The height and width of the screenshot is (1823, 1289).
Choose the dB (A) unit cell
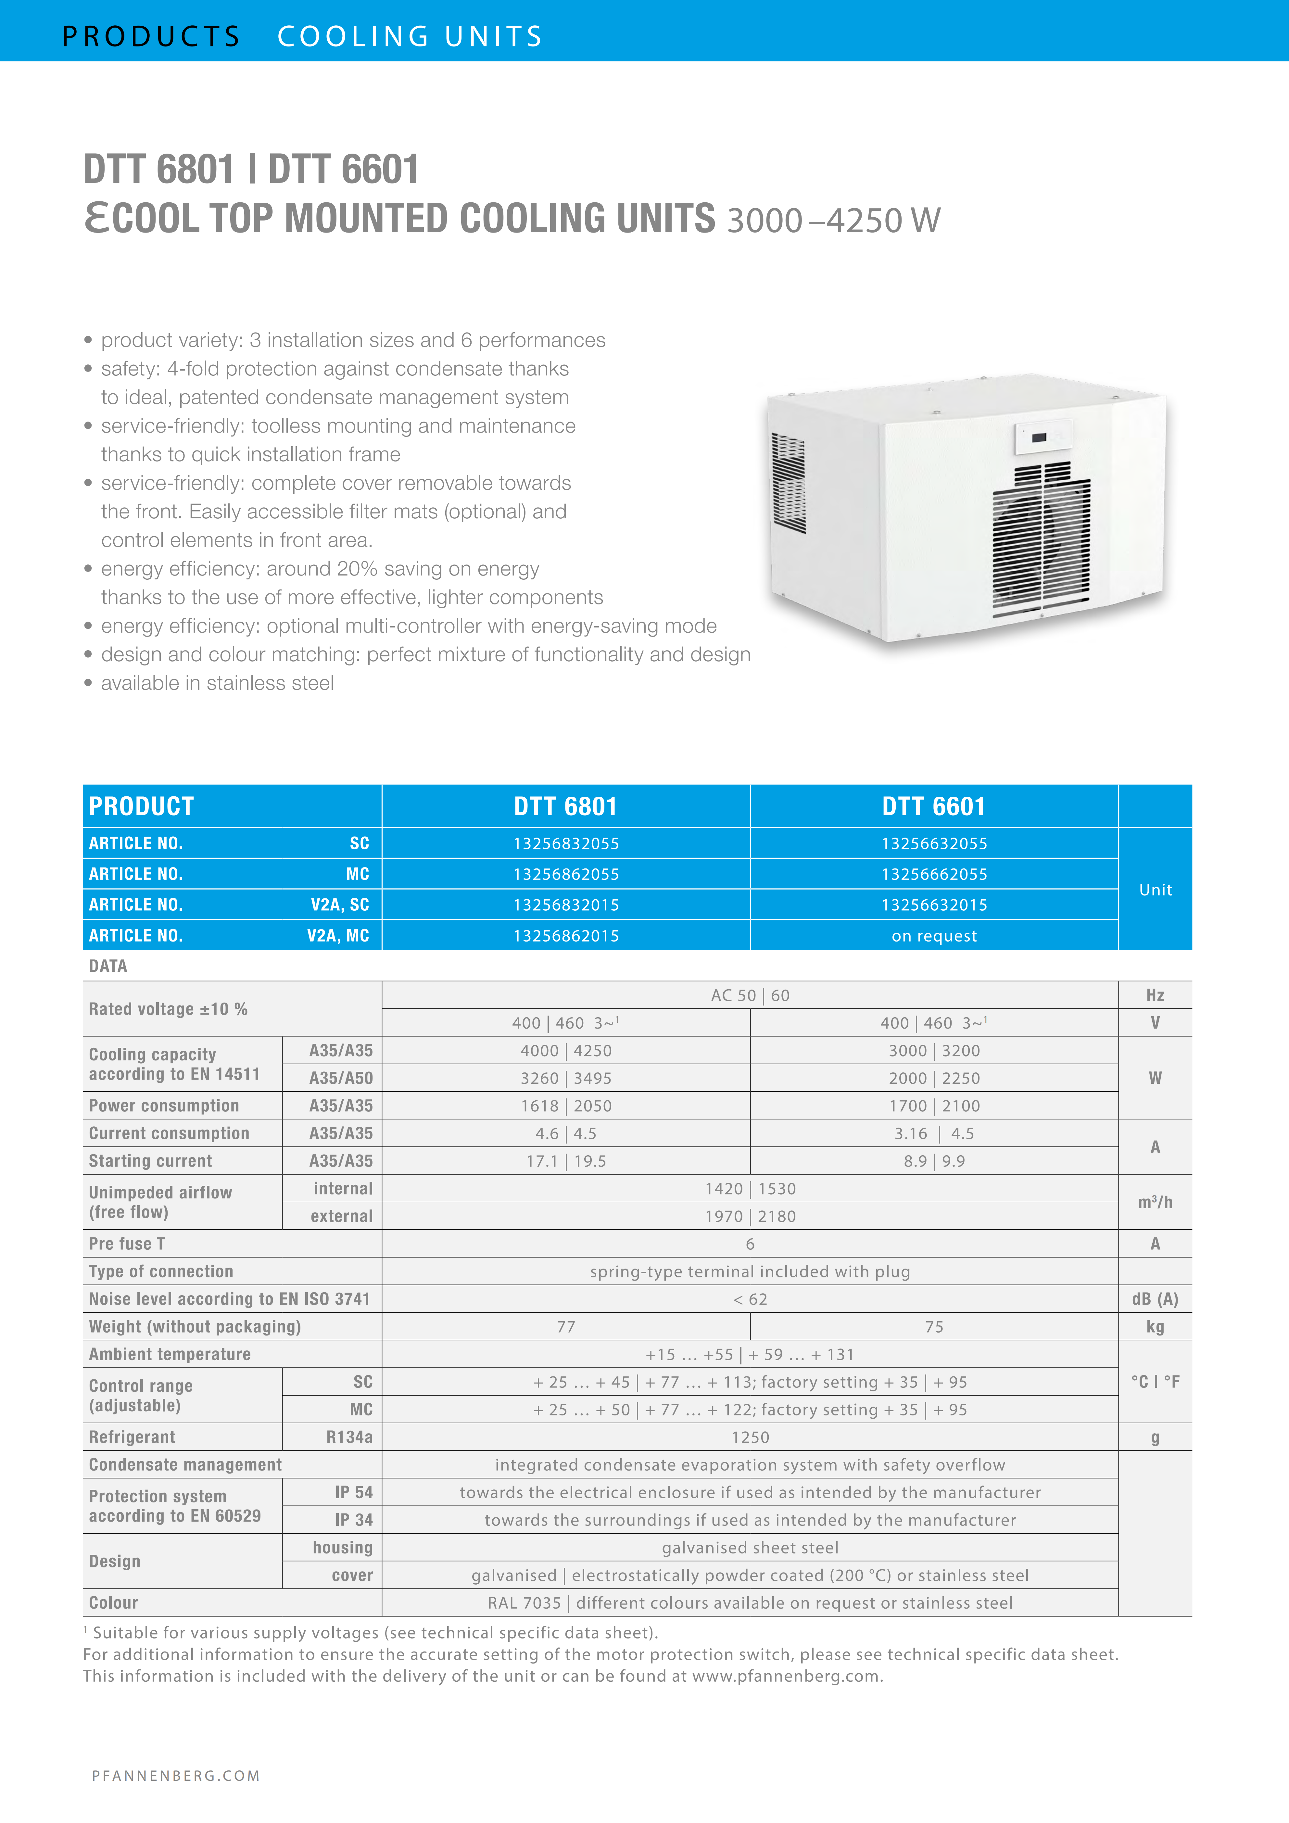[1155, 1299]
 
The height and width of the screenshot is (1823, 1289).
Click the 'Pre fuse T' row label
[127, 1243]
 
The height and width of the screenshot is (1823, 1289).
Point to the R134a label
[349, 1437]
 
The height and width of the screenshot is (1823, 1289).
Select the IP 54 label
[353, 1492]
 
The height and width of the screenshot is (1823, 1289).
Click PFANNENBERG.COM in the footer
[176, 1775]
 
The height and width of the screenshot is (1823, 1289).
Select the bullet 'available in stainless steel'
[217, 683]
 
